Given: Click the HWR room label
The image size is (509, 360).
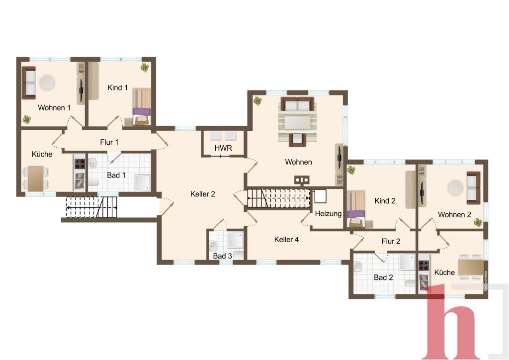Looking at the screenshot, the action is pyautogui.click(x=223, y=148).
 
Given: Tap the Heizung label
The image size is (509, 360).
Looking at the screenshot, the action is pyautogui.click(x=328, y=214).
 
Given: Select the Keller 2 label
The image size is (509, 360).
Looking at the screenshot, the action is pyautogui.click(x=203, y=194).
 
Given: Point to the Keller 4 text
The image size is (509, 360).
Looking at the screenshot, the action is pyautogui.click(x=286, y=239).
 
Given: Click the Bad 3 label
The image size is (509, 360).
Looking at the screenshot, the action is pyautogui.click(x=222, y=256).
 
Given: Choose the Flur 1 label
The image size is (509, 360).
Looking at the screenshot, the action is pyautogui.click(x=109, y=142).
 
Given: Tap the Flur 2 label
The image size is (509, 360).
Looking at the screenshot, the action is pyautogui.click(x=391, y=241).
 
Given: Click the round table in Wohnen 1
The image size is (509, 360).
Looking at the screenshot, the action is pyautogui.click(x=47, y=83).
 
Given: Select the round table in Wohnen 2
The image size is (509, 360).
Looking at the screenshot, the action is pyautogui.click(x=455, y=187).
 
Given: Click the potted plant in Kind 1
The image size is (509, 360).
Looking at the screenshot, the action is pyautogui.click(x=145, y=68).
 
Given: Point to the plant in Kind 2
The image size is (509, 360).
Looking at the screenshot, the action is pyautogui.click(x=351, y=170).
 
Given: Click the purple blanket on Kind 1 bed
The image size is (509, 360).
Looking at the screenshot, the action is pyautogui.click(x=142, y=112).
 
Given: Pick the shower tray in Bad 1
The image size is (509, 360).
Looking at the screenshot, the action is pyautogui.click(x=143, y=183).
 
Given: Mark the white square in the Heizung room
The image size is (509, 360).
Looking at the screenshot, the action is pyautogui.click(x=320, y=196).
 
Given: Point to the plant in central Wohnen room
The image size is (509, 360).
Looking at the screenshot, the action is pyautogui.click(x=258, y=100).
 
